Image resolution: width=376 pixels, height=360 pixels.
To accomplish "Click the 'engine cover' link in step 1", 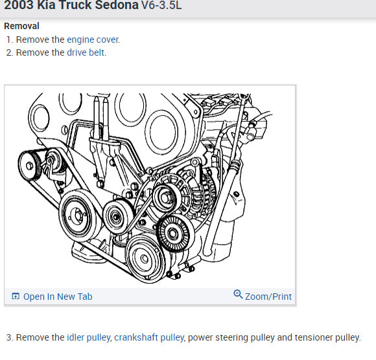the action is (x=93, y=39).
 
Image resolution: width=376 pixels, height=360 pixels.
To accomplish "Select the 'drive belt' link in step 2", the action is (x=86, y=52).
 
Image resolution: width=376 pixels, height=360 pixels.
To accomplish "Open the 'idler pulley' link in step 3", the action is (x=88, y=337).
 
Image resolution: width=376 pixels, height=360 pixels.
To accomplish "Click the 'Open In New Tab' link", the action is (x=58, y=297).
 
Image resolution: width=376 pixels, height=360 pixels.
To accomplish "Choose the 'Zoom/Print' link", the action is (x=268, y=297).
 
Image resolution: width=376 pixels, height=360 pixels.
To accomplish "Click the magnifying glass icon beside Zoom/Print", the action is (x=238, y=294).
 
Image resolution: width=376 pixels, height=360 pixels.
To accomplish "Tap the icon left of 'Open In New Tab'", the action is (x=16, y=296).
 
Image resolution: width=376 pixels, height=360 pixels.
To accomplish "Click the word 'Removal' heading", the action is (x=21, y=26).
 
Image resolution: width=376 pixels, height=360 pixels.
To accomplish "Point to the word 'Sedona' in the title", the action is (x=117, y=5).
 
